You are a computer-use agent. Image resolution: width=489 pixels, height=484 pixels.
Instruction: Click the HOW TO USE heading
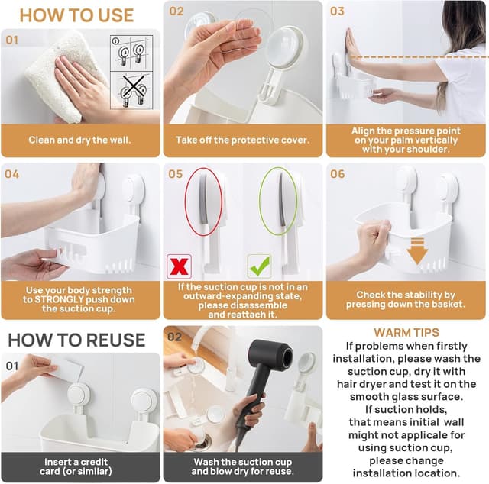click(x=76, y=15)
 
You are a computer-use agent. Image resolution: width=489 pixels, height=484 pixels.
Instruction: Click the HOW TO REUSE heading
click(x=76, y=339)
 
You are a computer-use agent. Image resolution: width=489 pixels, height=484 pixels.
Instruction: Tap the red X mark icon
click(x=179, y=266)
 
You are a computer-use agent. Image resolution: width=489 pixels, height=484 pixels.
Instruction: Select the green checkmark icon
click(x=259, y=266)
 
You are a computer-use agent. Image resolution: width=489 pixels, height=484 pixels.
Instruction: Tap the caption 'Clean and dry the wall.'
click(x=80, y=140)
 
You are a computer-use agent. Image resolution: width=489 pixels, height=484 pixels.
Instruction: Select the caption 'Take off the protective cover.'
click(x=242, y=140)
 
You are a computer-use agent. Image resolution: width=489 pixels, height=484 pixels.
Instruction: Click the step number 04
click(x=11, y=174)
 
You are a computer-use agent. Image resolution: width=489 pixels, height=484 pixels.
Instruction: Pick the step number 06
click(x=337, y=174)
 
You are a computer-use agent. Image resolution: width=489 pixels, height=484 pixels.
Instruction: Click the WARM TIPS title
click(x=406, y=333)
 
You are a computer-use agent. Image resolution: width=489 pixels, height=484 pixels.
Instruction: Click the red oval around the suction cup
click(x=203, y=202)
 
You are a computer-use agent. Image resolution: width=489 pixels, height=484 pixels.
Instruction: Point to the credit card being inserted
click(x=69, y=369)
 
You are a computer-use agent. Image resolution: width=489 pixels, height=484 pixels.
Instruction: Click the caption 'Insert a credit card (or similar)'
click(x=80, y=466)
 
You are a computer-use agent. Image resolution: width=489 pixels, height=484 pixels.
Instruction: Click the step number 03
click(x=337, y=11)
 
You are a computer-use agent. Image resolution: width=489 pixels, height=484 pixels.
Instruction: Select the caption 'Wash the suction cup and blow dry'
click(x=242, y=466)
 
